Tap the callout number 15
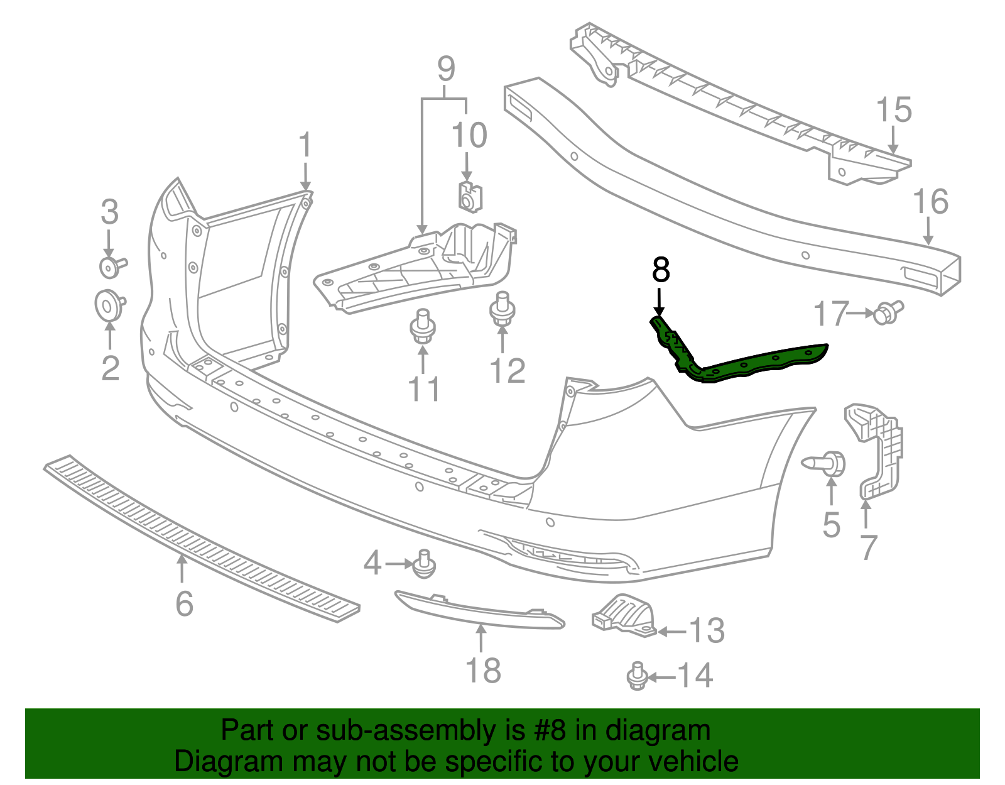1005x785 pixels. tap(893, 110)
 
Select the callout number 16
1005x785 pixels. tap(930, 202)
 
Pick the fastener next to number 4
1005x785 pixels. tap(425, 564)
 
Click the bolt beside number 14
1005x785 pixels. tap(638, 676)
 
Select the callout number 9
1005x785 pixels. tap(445, 69)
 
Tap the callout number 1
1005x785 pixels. tap(305, 145)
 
